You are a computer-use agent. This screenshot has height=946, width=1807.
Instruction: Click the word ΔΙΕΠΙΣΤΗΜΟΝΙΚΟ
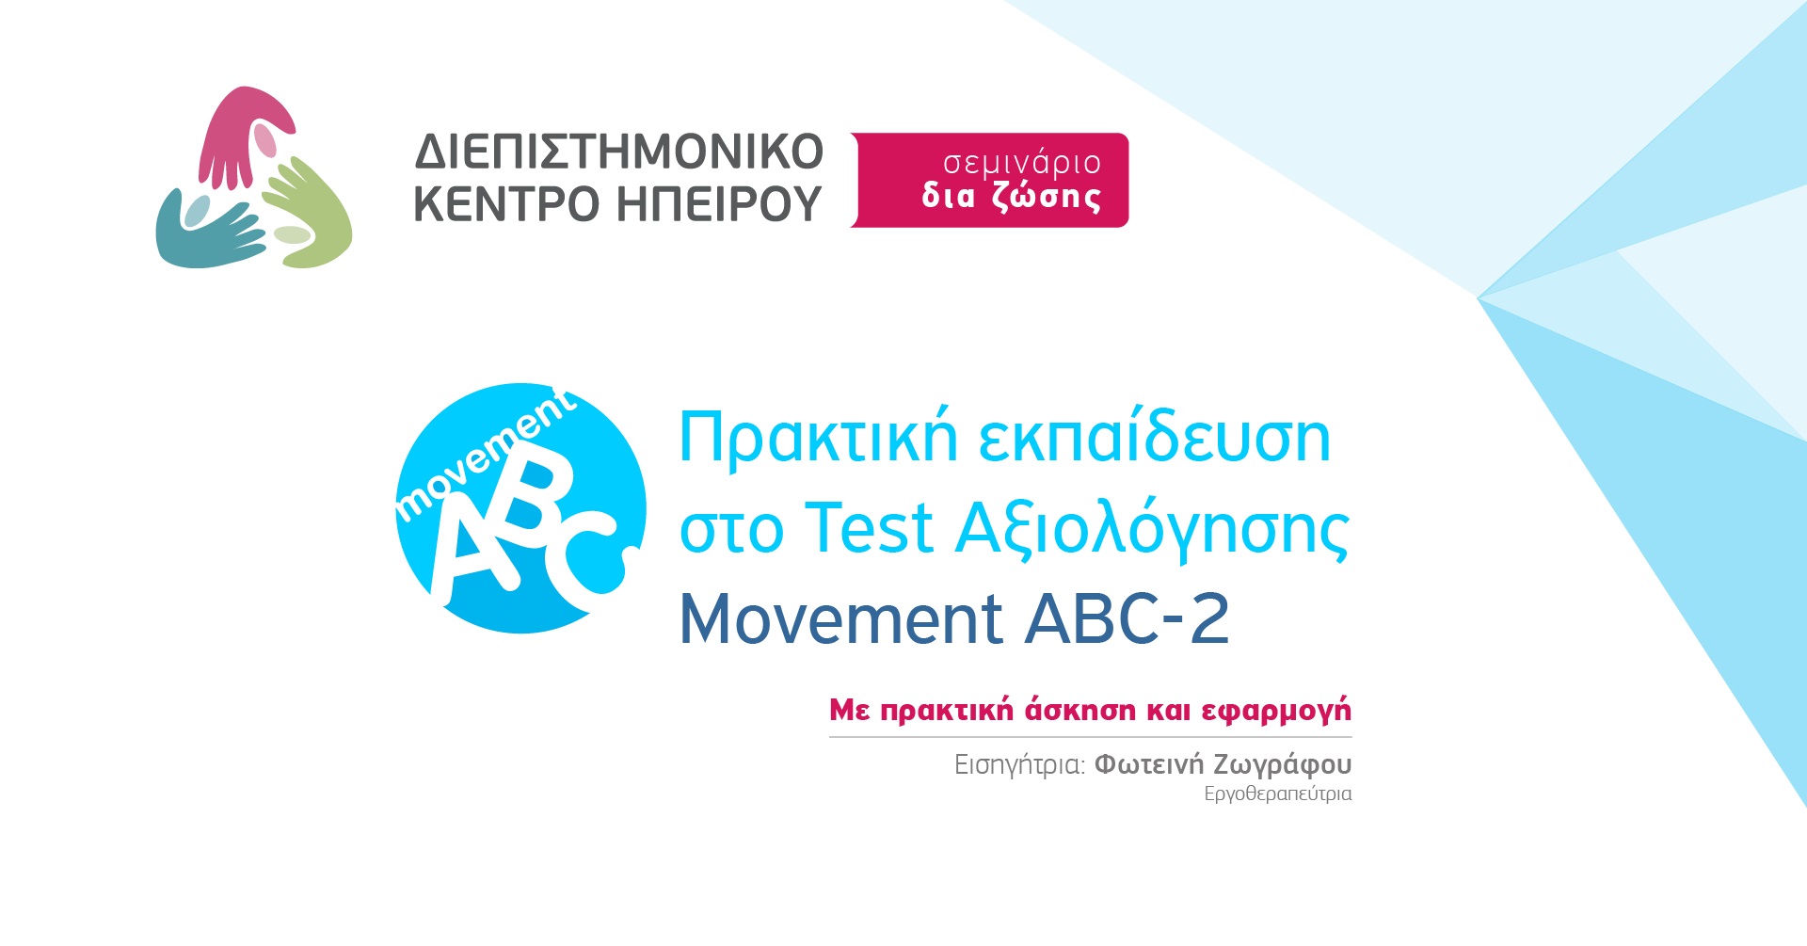point(619,152)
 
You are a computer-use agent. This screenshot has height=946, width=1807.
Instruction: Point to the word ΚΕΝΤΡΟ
point(506,203)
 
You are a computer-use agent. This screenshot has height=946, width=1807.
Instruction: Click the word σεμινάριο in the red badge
point(1021,163)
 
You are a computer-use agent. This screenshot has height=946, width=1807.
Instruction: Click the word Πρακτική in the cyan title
point(819,439)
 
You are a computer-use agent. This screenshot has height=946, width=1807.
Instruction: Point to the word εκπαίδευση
point(1155,439)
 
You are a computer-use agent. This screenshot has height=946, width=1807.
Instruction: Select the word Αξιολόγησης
point(1153,530)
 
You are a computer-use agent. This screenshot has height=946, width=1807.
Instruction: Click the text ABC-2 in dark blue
point(1127,618)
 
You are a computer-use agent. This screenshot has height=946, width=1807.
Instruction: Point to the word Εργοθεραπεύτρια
point(1277,794)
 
